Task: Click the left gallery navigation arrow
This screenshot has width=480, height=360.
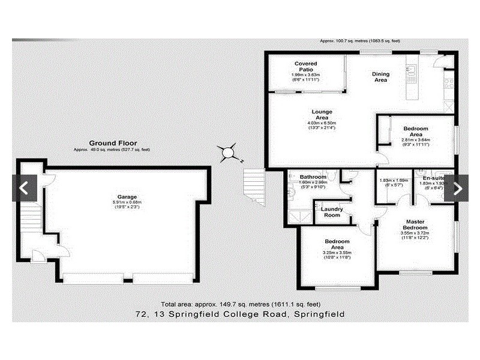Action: (24, 188)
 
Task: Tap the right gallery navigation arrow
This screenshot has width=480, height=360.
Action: (457, 188)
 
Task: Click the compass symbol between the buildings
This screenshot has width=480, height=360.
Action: (229, 154)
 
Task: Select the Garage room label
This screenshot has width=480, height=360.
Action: (127, 197)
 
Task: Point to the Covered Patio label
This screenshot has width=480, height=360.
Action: (305, 67)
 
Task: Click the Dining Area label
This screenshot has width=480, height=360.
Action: (381, 77)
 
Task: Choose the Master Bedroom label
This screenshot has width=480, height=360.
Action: (415, 225)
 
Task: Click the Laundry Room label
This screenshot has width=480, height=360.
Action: (332, 212)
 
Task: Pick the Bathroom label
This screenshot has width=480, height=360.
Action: (313, 178)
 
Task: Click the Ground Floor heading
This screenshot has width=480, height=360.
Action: (113, 143)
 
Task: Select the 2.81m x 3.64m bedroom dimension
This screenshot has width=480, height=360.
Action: (416, 140)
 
